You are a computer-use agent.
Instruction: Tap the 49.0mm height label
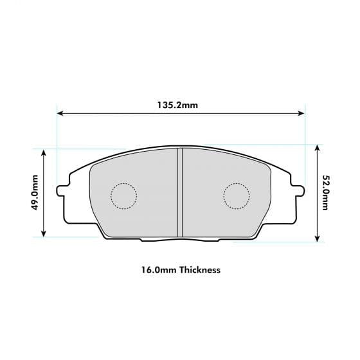[35, 192]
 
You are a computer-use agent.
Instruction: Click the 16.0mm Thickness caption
[179, 269]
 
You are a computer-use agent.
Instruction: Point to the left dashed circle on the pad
[124, 196]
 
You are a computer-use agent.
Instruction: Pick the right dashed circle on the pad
[236, 196]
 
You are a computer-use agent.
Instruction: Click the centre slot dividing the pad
[180, 191]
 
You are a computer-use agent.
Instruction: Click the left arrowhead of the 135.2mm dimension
[60, 114]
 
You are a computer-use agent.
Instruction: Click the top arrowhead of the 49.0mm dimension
[44, 152]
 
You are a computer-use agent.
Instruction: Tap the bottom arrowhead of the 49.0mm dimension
[44, 234]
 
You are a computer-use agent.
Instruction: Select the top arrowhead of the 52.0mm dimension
[317, 147]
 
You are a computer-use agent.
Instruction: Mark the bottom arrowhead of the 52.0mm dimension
[317, 239]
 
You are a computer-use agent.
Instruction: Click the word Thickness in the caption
[200, 269]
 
